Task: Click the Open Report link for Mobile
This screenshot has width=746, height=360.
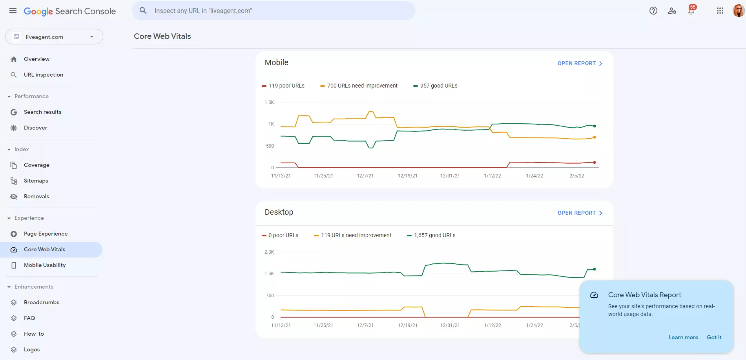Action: (580, 63)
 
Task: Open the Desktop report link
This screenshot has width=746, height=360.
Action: (580, 213)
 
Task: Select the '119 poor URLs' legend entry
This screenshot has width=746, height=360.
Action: (283, 86)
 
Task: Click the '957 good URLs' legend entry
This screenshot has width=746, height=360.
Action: (435, 86)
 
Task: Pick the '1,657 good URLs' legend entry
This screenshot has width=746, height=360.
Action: (431, 235)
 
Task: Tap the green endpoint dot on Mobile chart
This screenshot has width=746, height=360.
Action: (595, 126)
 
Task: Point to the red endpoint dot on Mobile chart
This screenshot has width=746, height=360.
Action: (595, 162)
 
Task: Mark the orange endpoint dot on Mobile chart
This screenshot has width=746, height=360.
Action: (595, 137)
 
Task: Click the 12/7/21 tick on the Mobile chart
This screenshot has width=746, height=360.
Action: (365, 176)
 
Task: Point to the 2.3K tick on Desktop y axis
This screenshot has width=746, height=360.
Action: (269, 252)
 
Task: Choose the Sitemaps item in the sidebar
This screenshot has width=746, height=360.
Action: (36, 181)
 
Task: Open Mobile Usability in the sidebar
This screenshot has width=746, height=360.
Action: (45, 265)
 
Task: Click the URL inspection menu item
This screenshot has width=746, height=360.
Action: (43, 75)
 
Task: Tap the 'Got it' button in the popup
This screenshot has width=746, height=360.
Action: (714, 337)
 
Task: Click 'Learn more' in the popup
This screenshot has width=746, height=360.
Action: (683, 337)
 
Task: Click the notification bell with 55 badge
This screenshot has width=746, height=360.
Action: (691, 11)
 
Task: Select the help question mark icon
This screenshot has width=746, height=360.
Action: (653, 11)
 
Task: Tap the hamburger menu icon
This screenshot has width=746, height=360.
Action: (13, 11)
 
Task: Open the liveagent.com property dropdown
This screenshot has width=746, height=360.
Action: (54, 37)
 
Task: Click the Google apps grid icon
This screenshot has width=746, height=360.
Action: (720, 11)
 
